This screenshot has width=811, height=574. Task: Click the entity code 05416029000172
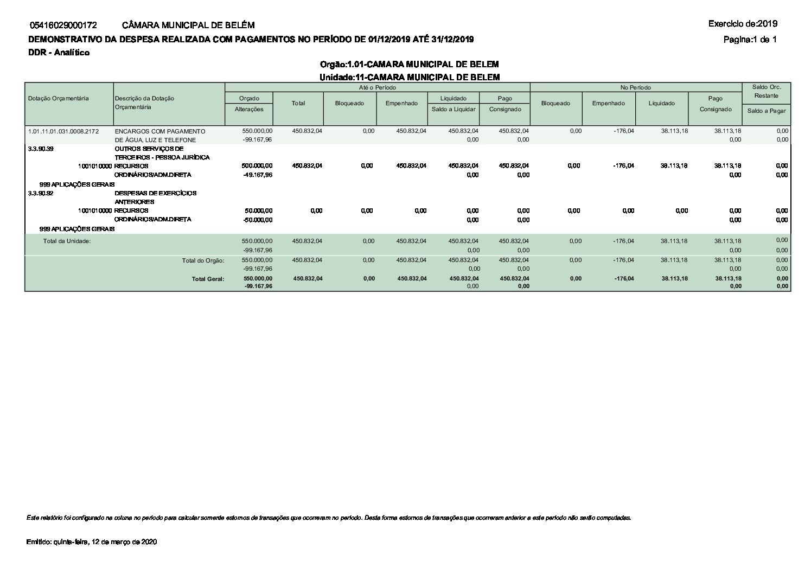pyautogui.click(x=64, y=25)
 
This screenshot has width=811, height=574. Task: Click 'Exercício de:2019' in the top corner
pyautogui.click(x=743, y=23)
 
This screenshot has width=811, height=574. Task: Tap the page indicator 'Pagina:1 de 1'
pyautogui.click(x=750, y=39)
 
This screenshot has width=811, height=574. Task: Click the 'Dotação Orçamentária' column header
pyautogui.click(x=59, y=98)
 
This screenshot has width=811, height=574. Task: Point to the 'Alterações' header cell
pyautogui.click(x=249, y=109)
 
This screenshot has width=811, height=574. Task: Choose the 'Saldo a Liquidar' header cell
pyautogui.click(x=454, y=109)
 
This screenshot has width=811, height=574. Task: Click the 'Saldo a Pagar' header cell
pyautogui.click(x=766, y=111)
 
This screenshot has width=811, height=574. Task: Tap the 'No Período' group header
pyautogui.click(x=636, y=87)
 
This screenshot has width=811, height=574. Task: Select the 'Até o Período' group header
pyautogui.click(x=377, y=87)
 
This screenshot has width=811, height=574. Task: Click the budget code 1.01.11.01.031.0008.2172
pyautogui.click(x=63, y=131)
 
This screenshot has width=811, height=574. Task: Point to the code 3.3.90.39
pyautogui.click(x=41, y=148)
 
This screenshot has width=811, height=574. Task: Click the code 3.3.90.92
pyautogui.click(x=41, y=193)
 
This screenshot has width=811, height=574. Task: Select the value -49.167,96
pyautogui.click(x=258, y=175)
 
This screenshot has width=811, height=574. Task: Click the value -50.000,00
pyautogui.click(x=258, y=220)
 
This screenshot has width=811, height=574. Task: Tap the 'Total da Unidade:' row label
pyautogui.click(x=67, y=241)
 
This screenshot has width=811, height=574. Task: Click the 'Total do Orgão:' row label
pyautogui.click(x=203, y=260)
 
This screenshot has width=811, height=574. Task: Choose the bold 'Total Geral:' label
pyautogui.click(x=207, y=279)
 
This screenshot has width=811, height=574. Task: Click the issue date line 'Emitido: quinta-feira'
pyautogui.click(x=92, y=542)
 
